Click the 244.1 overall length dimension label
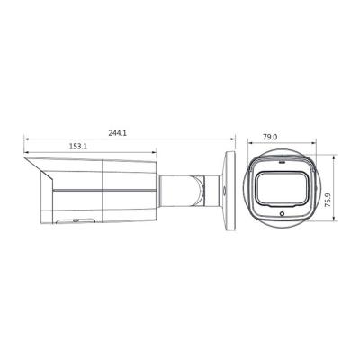tap(117, 132)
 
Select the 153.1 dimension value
tap(79, 146)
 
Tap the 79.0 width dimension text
tap(269, 137)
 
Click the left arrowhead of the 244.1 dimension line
tap(25, 139)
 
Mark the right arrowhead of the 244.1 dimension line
tap(233, 139)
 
